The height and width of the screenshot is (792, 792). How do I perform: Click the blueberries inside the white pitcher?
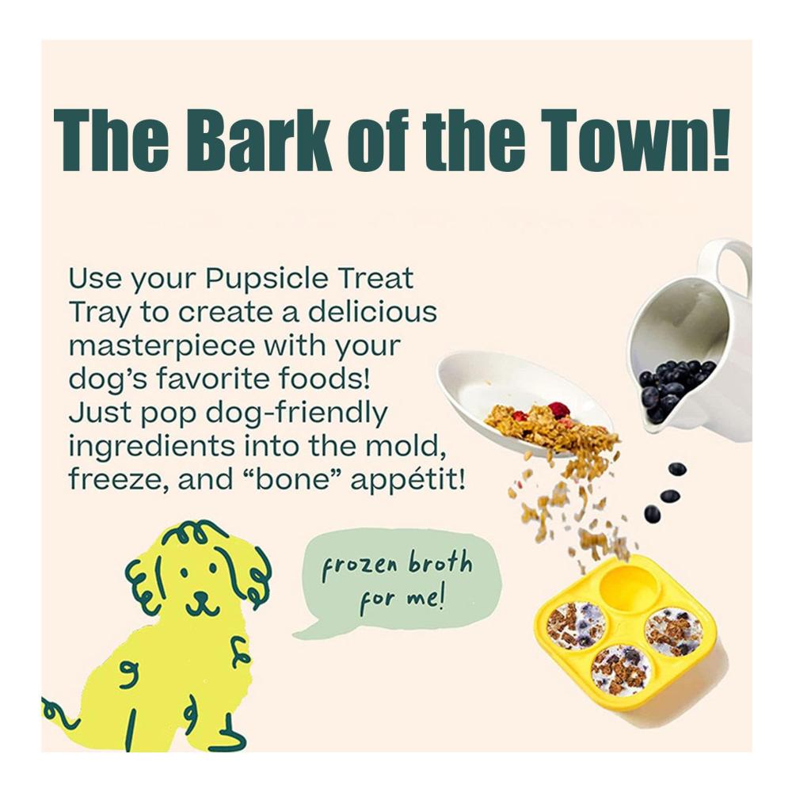672,386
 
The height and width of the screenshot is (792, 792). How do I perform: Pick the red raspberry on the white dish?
557,409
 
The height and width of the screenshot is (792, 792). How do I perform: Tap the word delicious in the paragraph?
372,313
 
